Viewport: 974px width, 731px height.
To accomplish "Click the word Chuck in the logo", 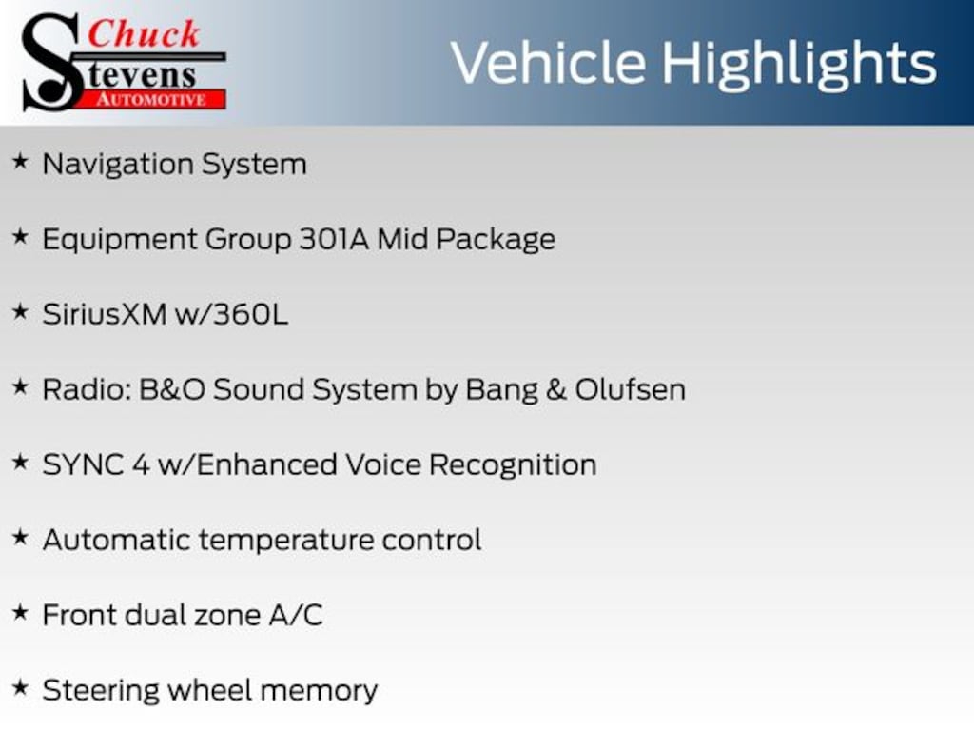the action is tap(144, 33).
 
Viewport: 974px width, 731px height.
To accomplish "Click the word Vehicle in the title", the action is tap(549, 63).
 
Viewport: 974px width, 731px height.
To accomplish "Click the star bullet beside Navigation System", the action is tap(21, 162).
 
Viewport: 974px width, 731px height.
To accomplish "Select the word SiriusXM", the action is tap(105, 314).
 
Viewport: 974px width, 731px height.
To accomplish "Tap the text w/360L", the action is tap(232, 314).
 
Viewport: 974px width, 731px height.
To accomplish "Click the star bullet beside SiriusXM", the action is tap(21, 311).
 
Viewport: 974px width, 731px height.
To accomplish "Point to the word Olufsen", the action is tap(630, 389).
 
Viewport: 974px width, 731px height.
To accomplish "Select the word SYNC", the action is tap(83, 464).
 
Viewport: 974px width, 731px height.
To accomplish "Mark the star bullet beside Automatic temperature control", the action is tap(21, 537).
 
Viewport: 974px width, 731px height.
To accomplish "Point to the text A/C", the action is tap(296, 616).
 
